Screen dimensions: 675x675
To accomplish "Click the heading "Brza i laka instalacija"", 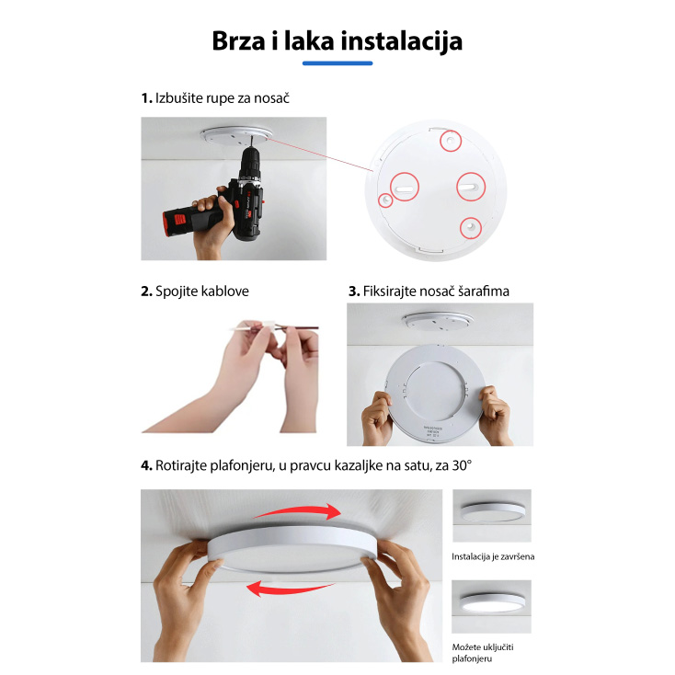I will (337, 41).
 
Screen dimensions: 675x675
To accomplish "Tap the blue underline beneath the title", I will (337, 63).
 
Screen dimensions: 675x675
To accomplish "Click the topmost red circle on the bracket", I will (450, 140).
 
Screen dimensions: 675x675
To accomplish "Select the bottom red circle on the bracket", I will (470, 225).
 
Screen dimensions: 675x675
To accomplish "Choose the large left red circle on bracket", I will (406, 187).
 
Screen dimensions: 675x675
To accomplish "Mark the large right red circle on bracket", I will (469, 188).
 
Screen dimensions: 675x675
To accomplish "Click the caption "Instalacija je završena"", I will (492, 556).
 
